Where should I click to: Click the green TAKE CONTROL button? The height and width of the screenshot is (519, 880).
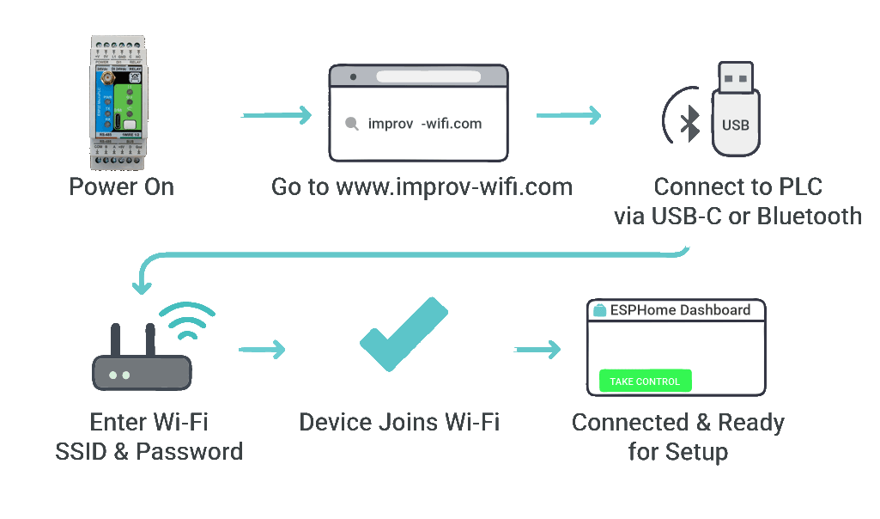(645, 381)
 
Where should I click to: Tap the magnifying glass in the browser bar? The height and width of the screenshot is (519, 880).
(351, 124)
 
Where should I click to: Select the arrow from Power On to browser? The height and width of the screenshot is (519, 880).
(276, 114)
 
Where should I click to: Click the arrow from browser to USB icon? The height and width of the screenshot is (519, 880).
(568, 114)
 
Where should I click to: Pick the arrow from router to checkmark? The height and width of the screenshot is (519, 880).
(262, 349)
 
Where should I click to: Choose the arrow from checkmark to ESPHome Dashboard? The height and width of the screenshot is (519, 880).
(537, 349)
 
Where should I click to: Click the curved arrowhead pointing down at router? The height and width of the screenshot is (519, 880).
(138, 284)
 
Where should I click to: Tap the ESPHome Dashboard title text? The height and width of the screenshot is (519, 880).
(680, 310)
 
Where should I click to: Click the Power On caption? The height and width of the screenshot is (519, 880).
(122, 186)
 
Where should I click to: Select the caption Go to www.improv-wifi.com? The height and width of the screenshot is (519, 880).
(422, 186)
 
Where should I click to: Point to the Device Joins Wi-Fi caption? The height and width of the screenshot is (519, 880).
(399, 422)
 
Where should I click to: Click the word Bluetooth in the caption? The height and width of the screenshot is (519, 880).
(810, 215)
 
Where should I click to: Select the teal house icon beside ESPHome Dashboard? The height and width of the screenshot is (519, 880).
(600, 310)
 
